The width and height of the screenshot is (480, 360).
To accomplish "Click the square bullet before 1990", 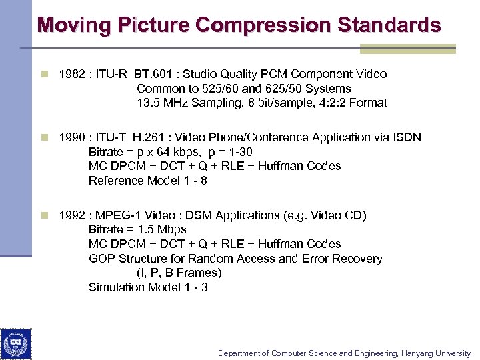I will [45, 137].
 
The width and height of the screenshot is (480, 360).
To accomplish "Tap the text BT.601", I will [154, 74].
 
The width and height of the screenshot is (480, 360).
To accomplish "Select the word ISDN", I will [407, 137].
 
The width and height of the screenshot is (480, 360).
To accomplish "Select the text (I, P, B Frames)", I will [179, 273].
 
